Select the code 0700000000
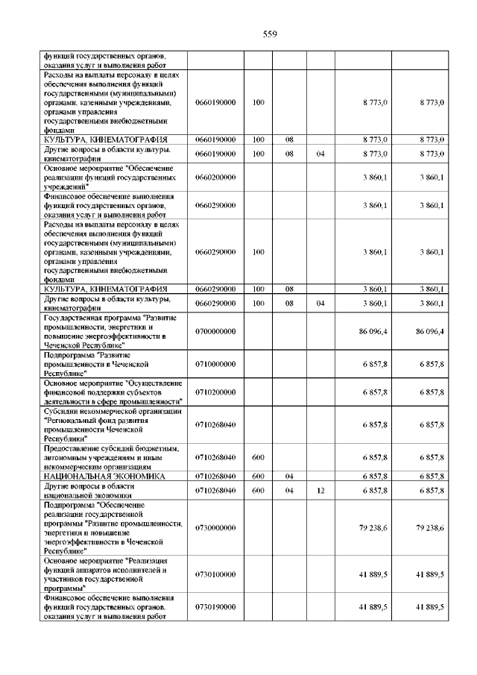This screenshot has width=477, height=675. (215, 330)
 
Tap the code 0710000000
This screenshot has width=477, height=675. (215, 363)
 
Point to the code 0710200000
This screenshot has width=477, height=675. (215, 392)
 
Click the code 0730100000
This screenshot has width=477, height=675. (215, 574)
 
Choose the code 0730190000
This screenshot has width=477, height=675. (215, 608)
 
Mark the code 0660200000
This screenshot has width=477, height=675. (215, 177)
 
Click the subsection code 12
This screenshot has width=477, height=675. (320, 490)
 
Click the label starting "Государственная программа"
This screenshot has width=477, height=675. (109, 330)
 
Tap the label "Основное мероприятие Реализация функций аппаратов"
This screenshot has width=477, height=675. (108, 574)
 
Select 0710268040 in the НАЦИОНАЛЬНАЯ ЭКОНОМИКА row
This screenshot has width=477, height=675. (215, 475)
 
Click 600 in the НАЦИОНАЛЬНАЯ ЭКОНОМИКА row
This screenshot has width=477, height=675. (258, 475)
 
